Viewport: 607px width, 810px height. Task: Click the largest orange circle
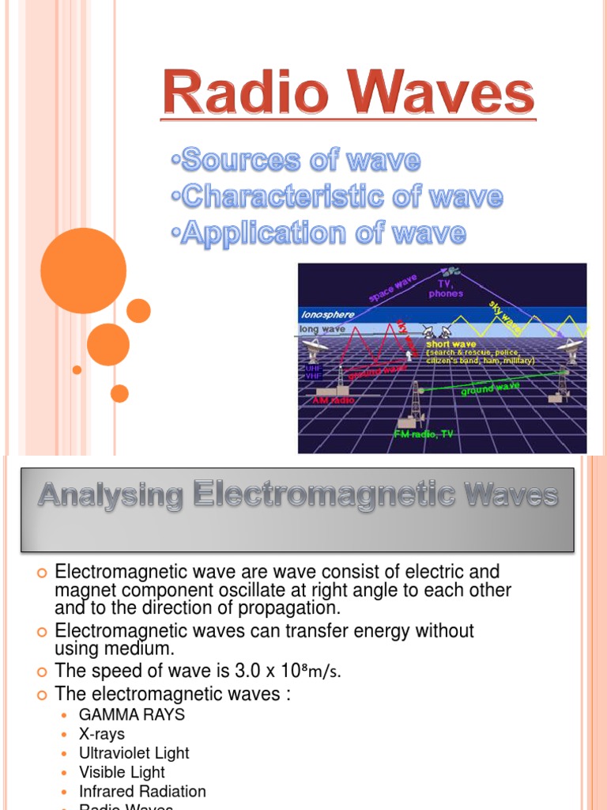83,271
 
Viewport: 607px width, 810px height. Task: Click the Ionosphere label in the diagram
328,315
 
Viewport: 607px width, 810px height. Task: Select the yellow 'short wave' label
451,344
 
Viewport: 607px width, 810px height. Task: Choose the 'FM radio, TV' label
424,434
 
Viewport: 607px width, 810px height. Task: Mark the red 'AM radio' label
335,400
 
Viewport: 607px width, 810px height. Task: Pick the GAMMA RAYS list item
131,714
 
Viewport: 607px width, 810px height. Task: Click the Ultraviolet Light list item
134,753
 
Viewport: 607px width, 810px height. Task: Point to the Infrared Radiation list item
142,791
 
